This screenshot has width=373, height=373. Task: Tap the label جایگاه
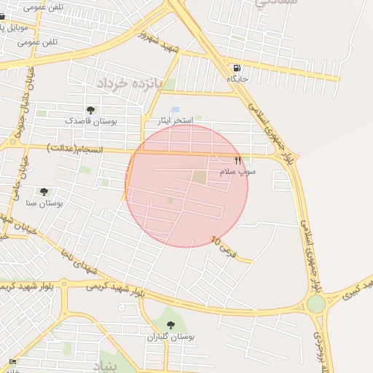[x=237, y=78]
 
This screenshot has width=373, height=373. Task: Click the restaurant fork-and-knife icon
[x=237, y=160]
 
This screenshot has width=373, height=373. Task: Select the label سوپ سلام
[x=238, y=171]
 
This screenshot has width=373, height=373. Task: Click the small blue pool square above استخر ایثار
[x=175, y=109]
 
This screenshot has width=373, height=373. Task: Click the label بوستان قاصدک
[x=90, y=120]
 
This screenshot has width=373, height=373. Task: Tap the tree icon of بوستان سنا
[x=44, y=192]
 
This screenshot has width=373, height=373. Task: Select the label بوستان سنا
[x=44, y=203]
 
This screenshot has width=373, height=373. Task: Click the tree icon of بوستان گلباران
[x=170, y=325]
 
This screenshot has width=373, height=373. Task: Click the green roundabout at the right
[x=315, y=304]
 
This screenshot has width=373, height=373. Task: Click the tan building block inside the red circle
[x=200, y=177]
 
